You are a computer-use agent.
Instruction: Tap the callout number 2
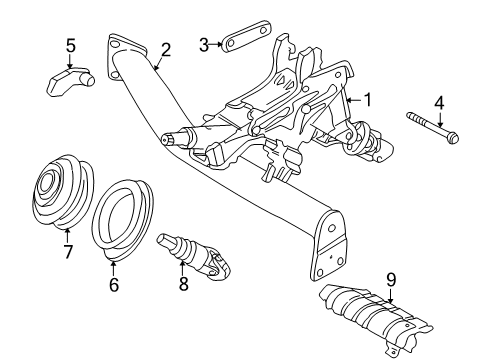pos(166,49)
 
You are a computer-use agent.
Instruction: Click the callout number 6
pos(113,285)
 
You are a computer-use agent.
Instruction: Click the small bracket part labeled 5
pos(70,80)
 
